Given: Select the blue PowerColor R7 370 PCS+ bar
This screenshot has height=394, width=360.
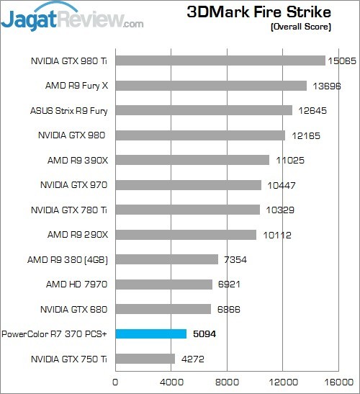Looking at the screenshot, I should (x=151, y=334).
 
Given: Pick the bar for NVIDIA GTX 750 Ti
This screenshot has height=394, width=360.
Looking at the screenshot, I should (x=145, y=359).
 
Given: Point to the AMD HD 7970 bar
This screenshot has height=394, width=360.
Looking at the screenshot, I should (x=163, y=285).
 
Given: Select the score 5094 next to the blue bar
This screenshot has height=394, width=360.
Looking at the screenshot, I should (x=204, y=334).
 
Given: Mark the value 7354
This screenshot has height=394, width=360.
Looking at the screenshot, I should (x=236, y=259).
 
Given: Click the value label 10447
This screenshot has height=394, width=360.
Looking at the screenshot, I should (x=279, y=185).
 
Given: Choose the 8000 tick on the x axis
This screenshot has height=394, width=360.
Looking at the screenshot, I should (x=228, y=382).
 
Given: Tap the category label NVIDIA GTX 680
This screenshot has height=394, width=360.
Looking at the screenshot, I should (x=74, y=309).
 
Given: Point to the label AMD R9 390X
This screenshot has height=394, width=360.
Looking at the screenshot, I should (x=78, y=160).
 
